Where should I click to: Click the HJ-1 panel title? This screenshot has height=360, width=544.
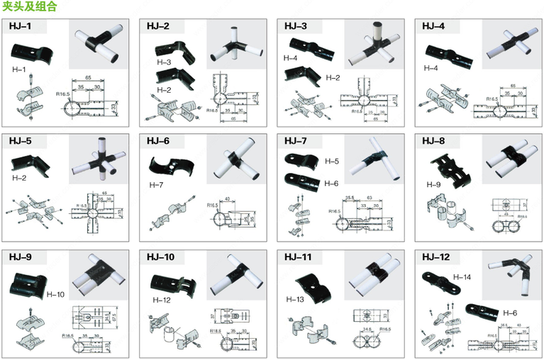(20, 27)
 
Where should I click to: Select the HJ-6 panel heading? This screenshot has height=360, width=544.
(158, 140)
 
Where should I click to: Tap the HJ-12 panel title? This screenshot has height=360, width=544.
(435, 257)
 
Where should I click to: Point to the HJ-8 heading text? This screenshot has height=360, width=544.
(433, 140)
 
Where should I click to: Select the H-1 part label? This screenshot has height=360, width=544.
(19, 69)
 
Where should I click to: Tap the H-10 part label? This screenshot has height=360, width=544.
(55, 293)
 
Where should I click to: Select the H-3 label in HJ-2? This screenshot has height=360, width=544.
(164, 63)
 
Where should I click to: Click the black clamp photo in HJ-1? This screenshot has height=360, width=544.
(32, 52)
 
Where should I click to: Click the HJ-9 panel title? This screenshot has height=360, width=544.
(20, 257)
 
